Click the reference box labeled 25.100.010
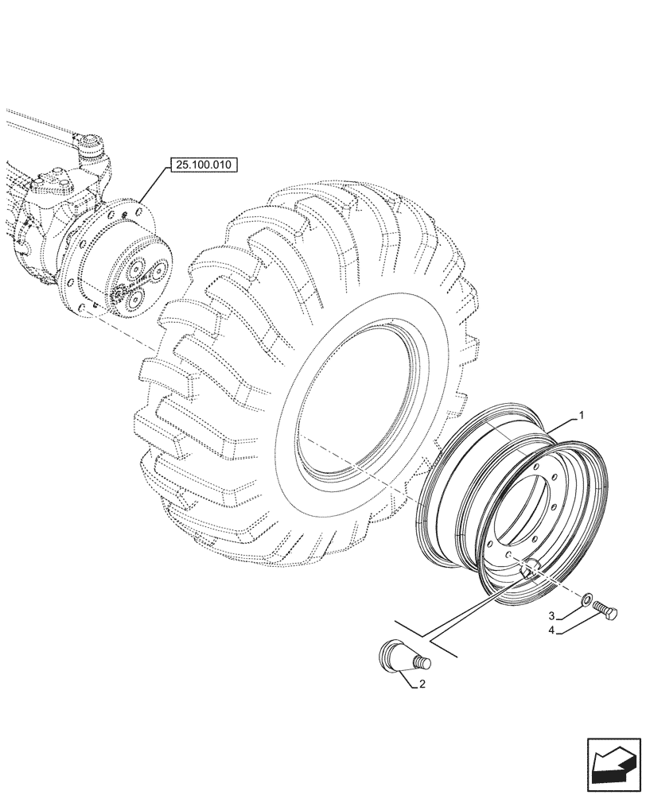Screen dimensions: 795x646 coord(204,165)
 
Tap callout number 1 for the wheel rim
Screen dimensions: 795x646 coord(582,415)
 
